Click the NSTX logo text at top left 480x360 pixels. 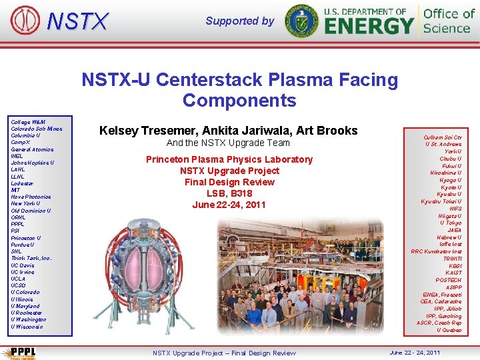(77, 21)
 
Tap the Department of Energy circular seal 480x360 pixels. (301, 21)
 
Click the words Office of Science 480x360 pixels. (449, 21)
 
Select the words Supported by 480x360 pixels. (239, 21)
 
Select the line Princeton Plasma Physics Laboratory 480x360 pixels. (229, 159)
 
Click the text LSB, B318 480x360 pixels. (229, 193)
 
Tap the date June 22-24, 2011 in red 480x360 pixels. (229, 205)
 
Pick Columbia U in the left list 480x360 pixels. (26, 135)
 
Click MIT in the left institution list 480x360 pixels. (15, 190)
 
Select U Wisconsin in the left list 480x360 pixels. (27, 327)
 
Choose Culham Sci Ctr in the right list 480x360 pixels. (443, 137)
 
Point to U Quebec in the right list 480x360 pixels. (448, 330)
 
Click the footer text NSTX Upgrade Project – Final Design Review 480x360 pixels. (224, 353)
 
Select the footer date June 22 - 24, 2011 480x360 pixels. (414, 352)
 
